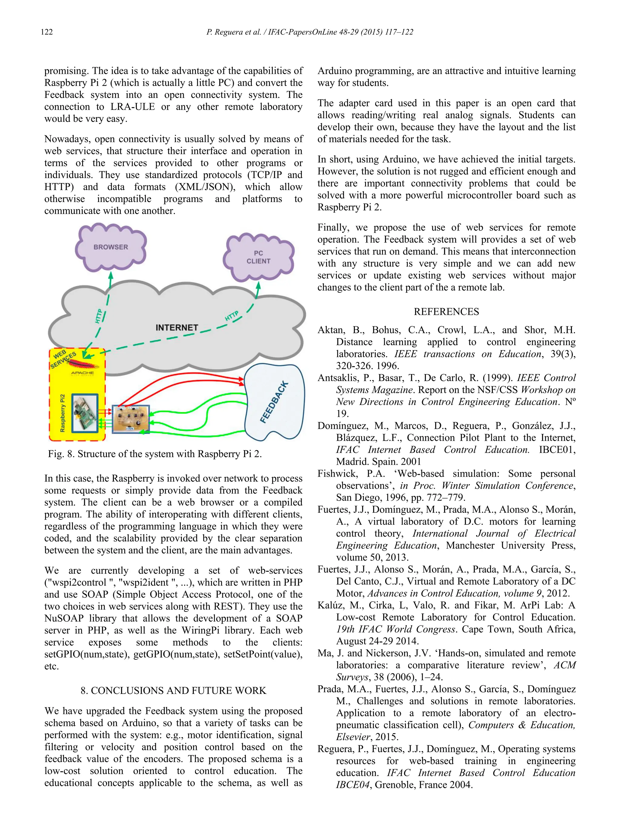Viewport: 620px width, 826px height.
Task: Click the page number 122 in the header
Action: coord(47,32)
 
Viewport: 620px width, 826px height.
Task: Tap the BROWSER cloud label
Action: coord(110,247)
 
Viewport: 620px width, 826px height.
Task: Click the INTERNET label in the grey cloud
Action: coord(177,328)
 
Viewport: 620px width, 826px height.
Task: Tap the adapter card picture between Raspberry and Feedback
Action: coord(131,419)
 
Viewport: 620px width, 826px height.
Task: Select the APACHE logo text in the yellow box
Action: coord(82,373)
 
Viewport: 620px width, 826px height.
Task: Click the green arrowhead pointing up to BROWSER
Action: coord(110,275)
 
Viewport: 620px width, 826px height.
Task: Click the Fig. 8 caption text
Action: coord(154,454)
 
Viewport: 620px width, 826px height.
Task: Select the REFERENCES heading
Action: coord(446,312)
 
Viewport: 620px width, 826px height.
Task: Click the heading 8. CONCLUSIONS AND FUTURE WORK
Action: coord(173,691)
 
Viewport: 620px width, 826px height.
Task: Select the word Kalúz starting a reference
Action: coord(332,605)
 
